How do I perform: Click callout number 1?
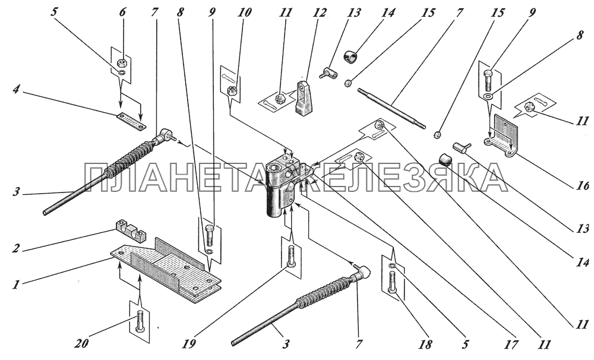pyautogui.click(x=15, y=284)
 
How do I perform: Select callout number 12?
pyautogui.click(x=319, y=13)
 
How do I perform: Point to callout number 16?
pyautogui.click(x=584, y=186)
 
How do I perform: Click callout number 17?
pyautogui.click(x=512, y=345)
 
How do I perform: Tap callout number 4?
pyautogui.click(x=16, y=91)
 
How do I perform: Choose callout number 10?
pyautogui.click(x=244, y=13)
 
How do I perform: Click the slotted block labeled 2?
pyautogui.click(x=130, y=230)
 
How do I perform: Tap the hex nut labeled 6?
pyautogui.click(x=122, y=61)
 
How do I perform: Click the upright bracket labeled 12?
pyautogui.click(x=305, y=99)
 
